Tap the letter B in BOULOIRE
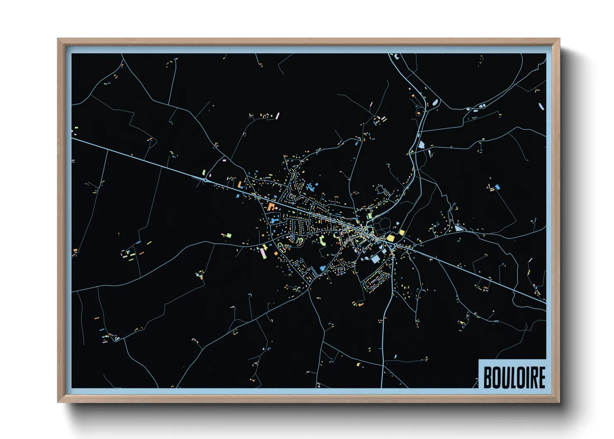point(488,377)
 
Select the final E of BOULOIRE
point(541,377)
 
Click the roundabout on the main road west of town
point(206,180)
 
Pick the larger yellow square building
point(390,238)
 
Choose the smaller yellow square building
point(402,232)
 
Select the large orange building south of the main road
point(271,206)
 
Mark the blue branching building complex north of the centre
point(310,186)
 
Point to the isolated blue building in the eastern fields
point(497,187)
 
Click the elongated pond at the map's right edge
point(541,106)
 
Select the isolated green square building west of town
point(228,235)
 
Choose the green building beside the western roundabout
point(204,172)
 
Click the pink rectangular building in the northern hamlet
point(278,115)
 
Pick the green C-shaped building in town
point(322,239)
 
